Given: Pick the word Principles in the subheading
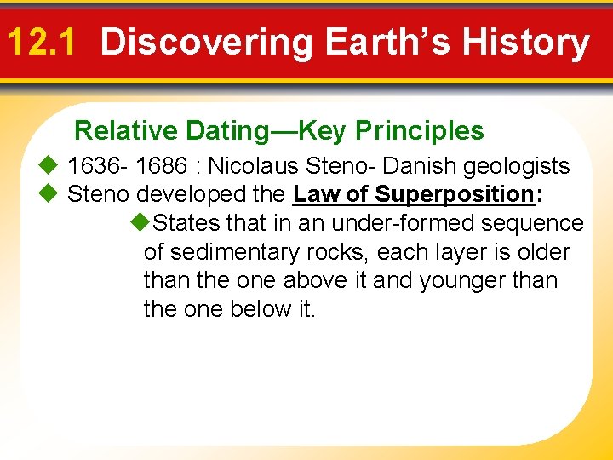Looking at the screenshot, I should (420, 130).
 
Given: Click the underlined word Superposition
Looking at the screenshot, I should (453, 194).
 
